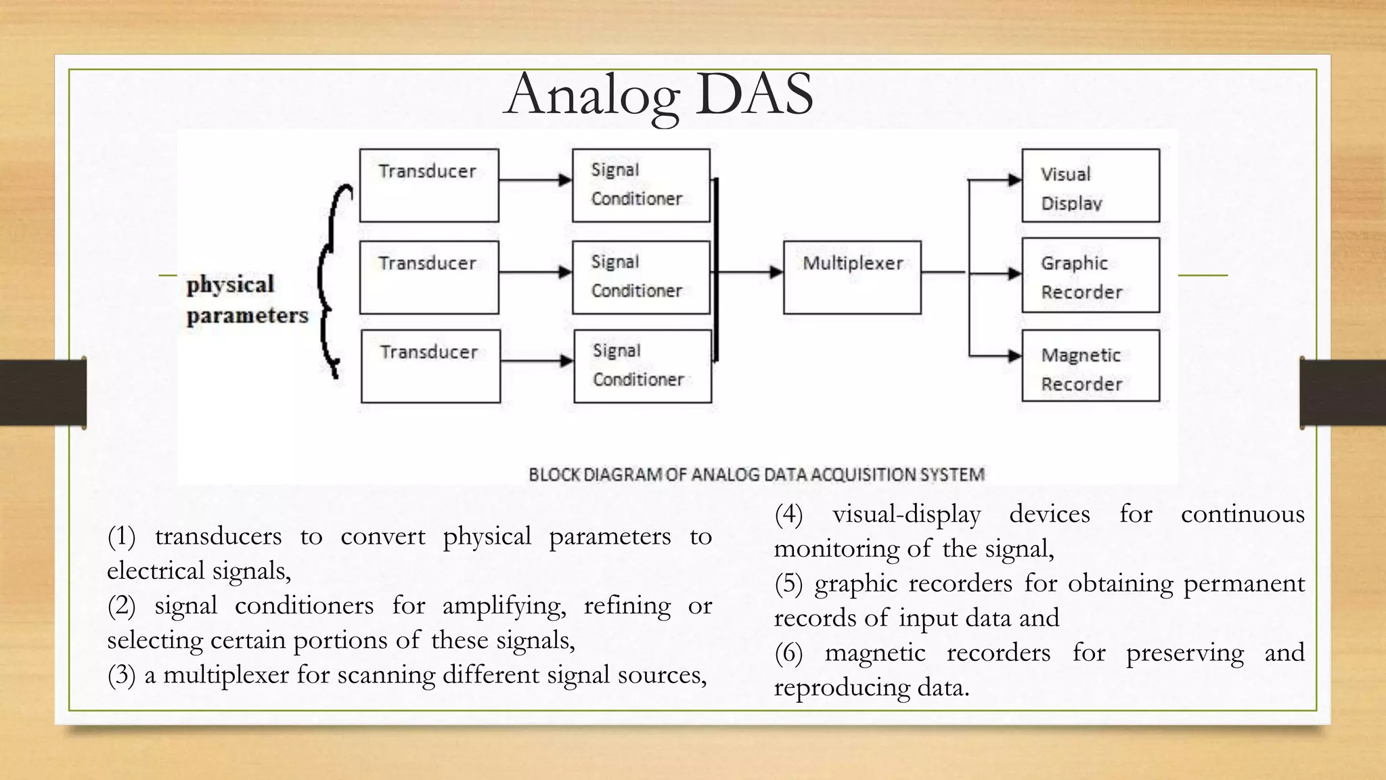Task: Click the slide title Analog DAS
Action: coord(658,95)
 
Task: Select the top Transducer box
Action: coord(429,186)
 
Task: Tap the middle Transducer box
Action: coord(429,277)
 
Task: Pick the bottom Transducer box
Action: coord(430,366)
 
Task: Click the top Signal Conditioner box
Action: coord(641,186)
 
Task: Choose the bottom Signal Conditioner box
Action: coord(642,366)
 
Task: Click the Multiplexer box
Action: coord(852,277)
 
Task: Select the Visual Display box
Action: coord(1090,186)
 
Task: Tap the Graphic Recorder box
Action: coord(1090,275)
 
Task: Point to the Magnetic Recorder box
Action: coord(1090,366)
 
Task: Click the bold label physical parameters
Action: coord(247,299)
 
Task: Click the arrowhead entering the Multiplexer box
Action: coord(776,272)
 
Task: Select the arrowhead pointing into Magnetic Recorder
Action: coord(1014,356)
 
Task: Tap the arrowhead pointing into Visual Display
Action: coord(1014,180)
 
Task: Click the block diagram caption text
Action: coord(756,475)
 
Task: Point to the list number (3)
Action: coord(121,675)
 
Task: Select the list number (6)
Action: coord(788,653)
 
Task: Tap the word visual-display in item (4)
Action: coord(906,515)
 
